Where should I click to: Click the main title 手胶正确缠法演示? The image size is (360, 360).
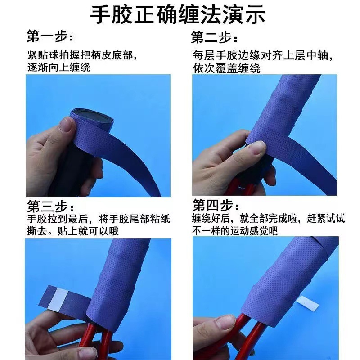coord(178,14)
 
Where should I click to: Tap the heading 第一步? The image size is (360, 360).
coord(50,36)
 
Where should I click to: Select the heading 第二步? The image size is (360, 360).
coord(214,37)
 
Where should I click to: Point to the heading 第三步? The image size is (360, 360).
coord(50,206)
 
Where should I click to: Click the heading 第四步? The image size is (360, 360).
coord(216,205)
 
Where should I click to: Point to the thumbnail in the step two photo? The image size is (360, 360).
coord(257,148)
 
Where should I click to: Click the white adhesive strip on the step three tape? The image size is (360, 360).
coord(59,298)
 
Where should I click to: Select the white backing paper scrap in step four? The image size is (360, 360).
coord(307,303)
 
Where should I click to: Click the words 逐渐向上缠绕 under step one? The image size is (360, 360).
coord(59,67)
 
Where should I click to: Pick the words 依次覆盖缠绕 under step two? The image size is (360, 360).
coord(227,68)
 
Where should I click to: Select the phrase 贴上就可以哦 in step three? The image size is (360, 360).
coord(88,231)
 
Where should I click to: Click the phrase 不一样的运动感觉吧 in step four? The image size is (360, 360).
coord(235,231)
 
